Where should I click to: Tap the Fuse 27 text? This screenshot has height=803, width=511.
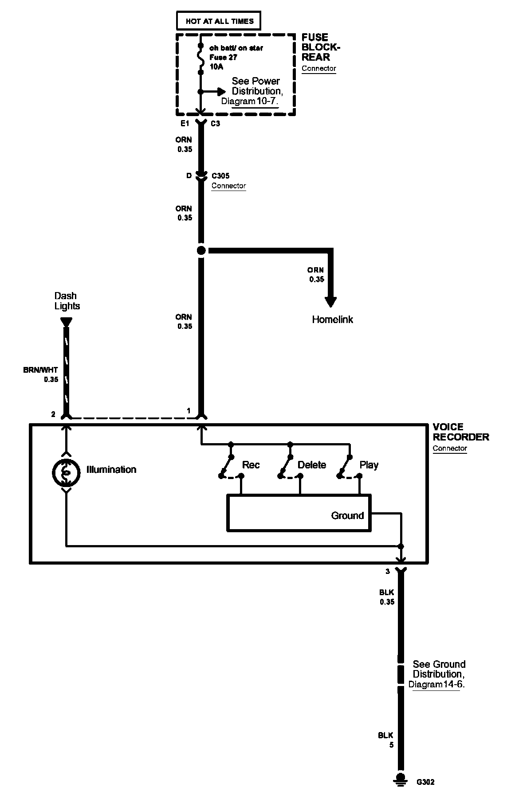pyautogui.click(x=224, y=58)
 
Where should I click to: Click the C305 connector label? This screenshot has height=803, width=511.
pyautogui.click(x=220, y=176)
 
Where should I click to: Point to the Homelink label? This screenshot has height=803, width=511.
pyautogui.click(x=332, y=320)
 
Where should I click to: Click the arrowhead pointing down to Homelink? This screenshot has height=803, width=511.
pyautogui.click(x=330, y=301)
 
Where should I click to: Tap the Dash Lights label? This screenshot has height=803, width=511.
pyautogui.click(x=67, y=301)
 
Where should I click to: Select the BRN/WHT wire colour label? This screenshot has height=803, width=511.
pyautogui.click(x=40, y=370)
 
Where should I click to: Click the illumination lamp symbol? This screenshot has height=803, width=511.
pyautogui.click(x=66, y=473)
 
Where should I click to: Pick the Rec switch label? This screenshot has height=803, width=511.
pyautogui.click(x=251, y=465)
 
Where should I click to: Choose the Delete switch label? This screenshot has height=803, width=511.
pyautogui.click(x=311, y=465)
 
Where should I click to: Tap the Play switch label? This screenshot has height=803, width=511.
pyautogui.click(x=369, y=465)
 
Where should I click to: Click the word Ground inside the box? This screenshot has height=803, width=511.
pyautogui.click(x=347, y=515)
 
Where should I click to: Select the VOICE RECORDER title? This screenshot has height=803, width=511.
pyautogui.click(x=460, y=432)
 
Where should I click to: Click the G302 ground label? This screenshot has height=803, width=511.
pyautogui.click(x=425, y=795)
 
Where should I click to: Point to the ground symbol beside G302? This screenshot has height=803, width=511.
pyautogui.click(x=401, y=792)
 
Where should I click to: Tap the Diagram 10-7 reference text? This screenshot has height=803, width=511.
pyautogui.click(x=249, y=101)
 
